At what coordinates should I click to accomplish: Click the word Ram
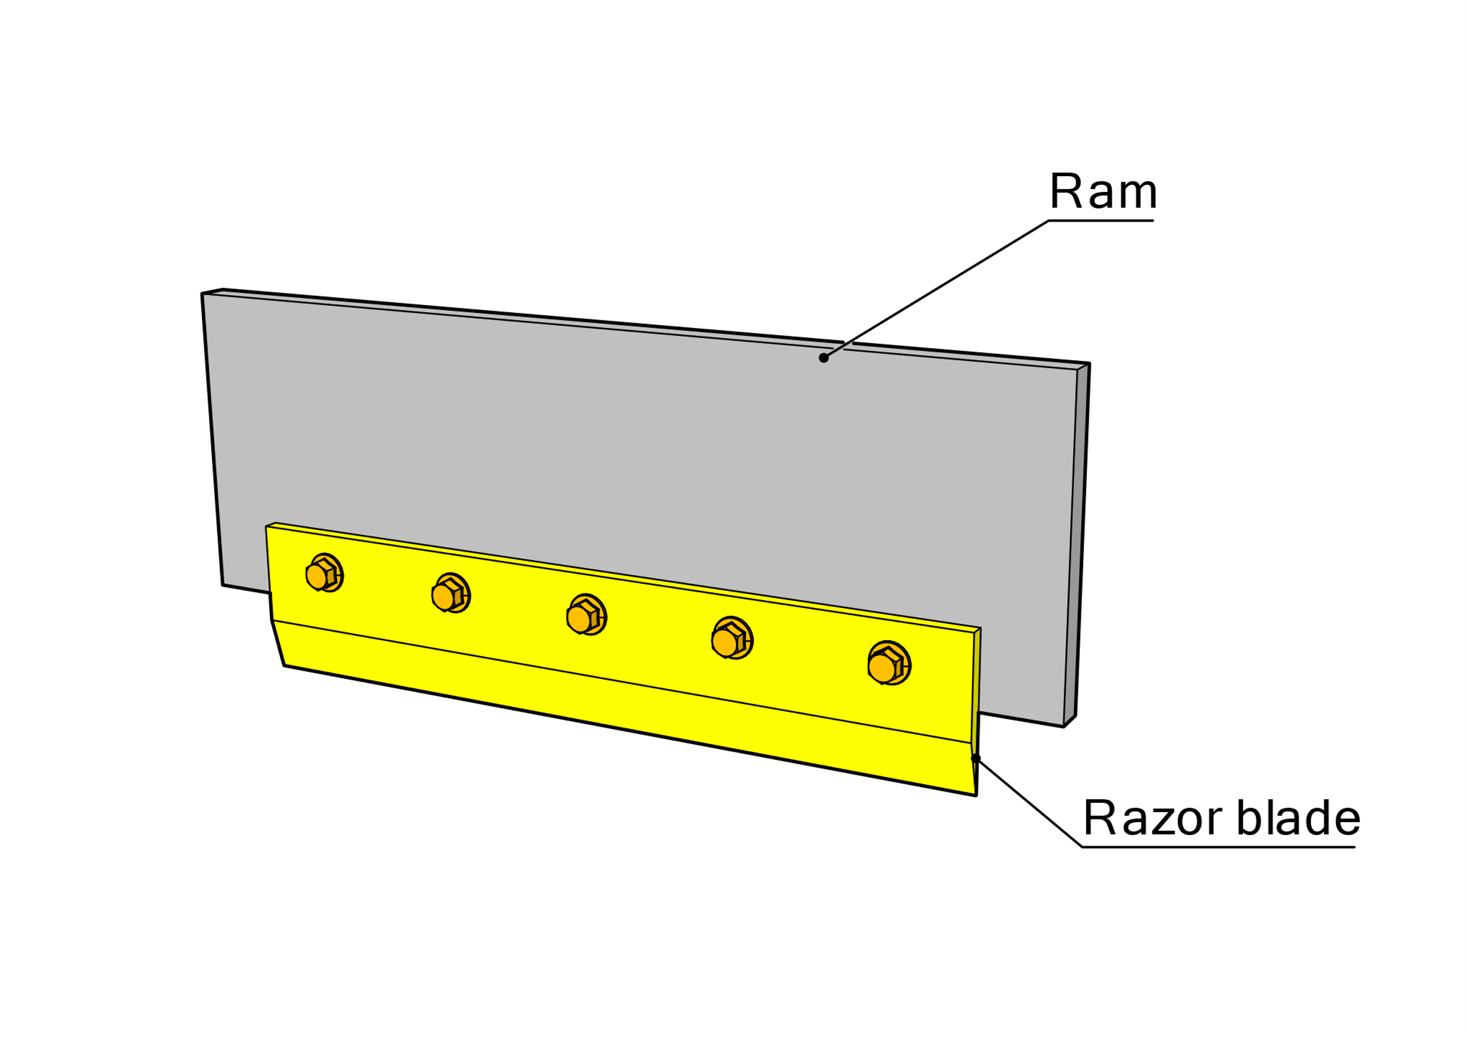tap(1103, 191)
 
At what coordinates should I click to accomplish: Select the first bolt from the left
tap(324, 573)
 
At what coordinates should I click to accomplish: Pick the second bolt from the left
tap(451, 593)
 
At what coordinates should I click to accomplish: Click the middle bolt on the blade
tap(586, 614)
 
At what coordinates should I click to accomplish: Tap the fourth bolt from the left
tap(732, 638)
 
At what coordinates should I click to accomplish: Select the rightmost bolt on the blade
tap(888, 663)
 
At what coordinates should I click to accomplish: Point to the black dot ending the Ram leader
tap(824, 358)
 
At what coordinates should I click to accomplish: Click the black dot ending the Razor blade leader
tap(976, 758)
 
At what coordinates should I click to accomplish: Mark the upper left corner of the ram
tap(203, 294)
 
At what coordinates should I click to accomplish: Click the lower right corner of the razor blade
tap(975, 795)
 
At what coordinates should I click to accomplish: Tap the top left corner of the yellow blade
tap(267, 526)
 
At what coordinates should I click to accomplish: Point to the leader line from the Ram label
tap(939, 288)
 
